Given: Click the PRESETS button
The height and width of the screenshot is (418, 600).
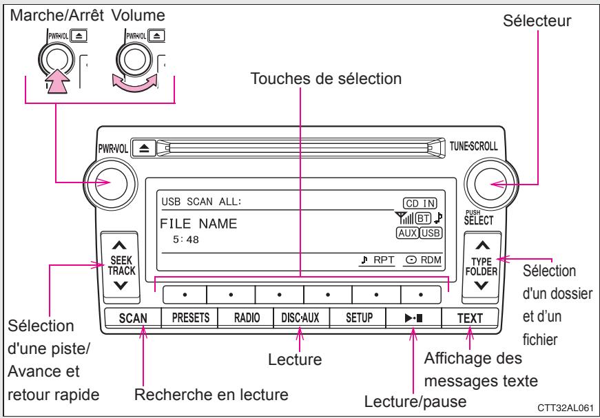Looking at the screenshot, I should click(189, 318).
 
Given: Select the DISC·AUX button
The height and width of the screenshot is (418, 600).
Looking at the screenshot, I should click(300, 318).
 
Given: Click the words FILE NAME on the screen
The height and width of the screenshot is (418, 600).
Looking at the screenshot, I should click(199, 223).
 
